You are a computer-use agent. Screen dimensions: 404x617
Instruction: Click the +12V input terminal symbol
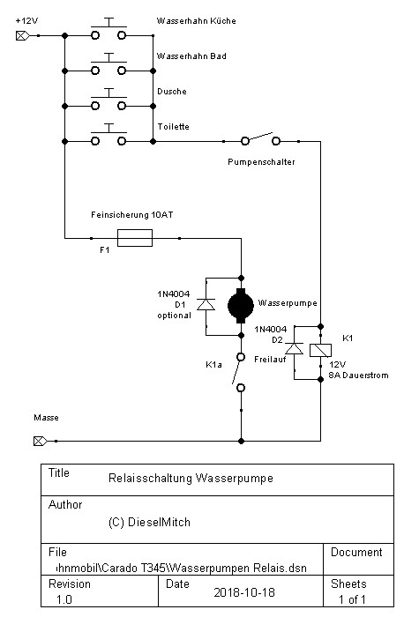coord(22,36)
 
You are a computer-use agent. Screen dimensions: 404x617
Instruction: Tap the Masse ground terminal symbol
coord(40,441)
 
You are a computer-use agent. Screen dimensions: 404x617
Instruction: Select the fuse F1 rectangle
coord(135,238)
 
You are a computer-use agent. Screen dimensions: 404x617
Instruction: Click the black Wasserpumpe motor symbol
coord(241,306)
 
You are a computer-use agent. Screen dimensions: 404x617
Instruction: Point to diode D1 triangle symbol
coord(206,305)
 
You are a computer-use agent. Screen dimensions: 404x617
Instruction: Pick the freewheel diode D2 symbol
coord(294,349)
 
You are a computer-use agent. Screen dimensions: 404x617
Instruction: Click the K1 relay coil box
coord(320,350)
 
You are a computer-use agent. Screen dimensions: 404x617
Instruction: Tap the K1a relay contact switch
coord(239,372)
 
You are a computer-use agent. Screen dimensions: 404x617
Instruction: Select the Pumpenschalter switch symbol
coord(260,139)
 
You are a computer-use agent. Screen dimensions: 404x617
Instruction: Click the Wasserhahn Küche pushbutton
coord(108,29)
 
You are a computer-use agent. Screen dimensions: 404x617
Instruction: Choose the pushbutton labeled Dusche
coord(108,100)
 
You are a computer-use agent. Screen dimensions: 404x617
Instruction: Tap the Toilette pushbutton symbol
coord(108,135)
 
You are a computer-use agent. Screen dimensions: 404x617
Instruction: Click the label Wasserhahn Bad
coord(191,56)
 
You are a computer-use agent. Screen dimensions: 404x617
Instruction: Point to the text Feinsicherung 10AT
coord(132,215)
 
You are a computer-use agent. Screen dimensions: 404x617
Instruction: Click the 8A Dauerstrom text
coord(358,375)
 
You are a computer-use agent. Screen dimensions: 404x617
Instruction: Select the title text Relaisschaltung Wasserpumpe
coord(191,478)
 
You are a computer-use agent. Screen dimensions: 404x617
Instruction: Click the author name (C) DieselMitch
coord(149,522)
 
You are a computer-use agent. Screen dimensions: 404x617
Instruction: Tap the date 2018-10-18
coord(244,592)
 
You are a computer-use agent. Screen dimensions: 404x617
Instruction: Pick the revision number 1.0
coord(64,599)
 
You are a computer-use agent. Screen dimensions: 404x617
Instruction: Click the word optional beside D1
coord(174,316)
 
